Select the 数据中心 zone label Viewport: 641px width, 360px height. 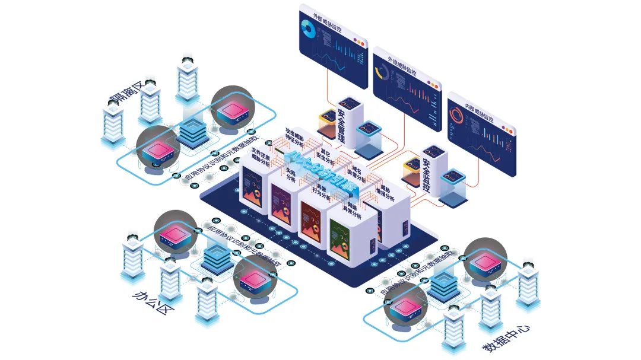click(x=505, y=337)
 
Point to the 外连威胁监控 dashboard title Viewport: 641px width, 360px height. click(x=402, y=66)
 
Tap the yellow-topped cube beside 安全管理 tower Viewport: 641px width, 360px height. click(x=328, y=123)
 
